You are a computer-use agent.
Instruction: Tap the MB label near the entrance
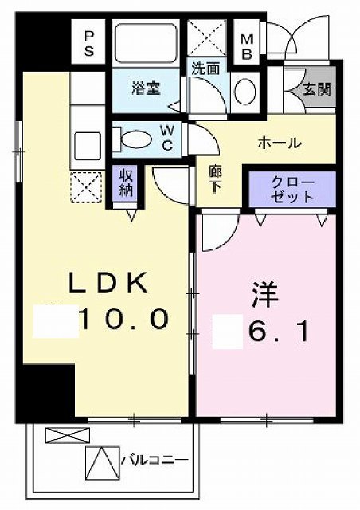(x=247, y=43)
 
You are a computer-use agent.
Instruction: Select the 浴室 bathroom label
(x=146, y=88)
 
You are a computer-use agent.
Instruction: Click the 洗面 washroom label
(x=205, y=69)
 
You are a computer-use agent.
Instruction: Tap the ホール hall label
(x=279, y=143)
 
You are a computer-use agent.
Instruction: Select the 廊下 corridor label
(x=214, y=181)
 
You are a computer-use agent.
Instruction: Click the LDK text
(x=108, y=283)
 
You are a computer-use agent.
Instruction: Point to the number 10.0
(x=123, y=320)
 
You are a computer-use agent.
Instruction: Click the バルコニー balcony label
(x=154, y=461)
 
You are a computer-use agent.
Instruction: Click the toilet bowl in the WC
(x=133, y=139)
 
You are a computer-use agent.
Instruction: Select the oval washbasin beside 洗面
(x=245, y=88)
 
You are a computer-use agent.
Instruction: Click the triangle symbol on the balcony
(x=101, y=461)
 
